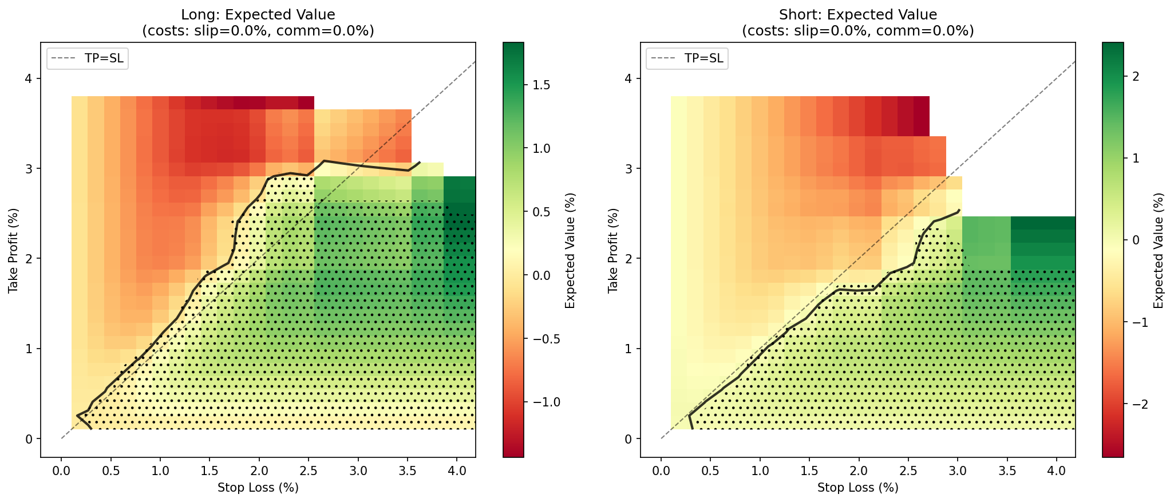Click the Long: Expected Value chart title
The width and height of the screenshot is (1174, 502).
[x=258, y=15]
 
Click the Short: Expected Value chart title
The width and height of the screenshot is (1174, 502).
[x=857, y=15]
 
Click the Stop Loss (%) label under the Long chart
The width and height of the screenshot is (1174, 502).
[x=258, y=488]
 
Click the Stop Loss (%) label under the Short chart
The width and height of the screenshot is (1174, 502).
[x=857, y=488]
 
